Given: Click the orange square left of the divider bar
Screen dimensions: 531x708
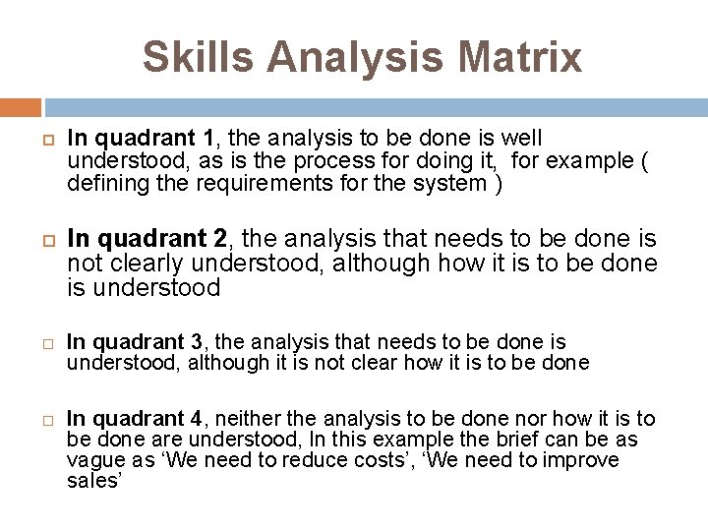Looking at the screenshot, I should [x=21, y=106].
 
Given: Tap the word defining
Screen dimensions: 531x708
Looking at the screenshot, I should [x=102, y=183].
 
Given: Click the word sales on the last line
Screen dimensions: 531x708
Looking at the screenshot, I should [x=92, y=480].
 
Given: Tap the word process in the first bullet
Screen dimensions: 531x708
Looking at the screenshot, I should [x=339, y=161].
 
